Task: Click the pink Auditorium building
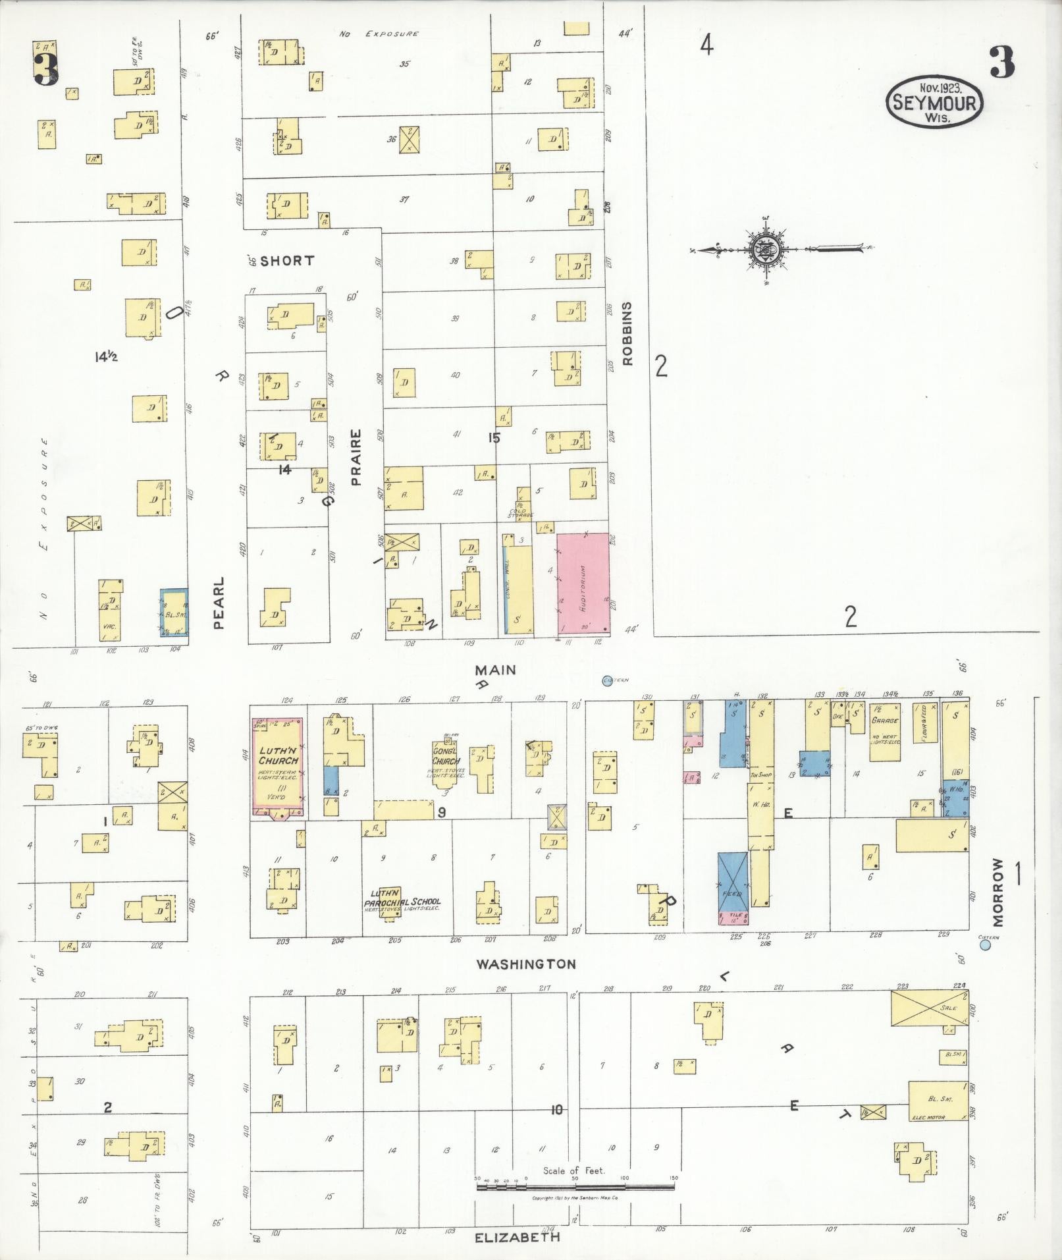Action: tap(583, 584)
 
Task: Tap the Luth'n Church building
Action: tap(278, 768)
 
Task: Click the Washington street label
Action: tap(526, 964)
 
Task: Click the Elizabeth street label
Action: tap(518, 1237)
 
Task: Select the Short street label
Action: tap(287, 261)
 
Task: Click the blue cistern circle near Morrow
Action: tap(986, 945)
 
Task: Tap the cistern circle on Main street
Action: tap(606, 680)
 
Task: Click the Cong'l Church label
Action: tap(446, 757)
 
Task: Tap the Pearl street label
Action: tap(219, 603)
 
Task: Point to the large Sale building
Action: tap(929, 1008)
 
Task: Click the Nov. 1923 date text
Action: tap(941, 87)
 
